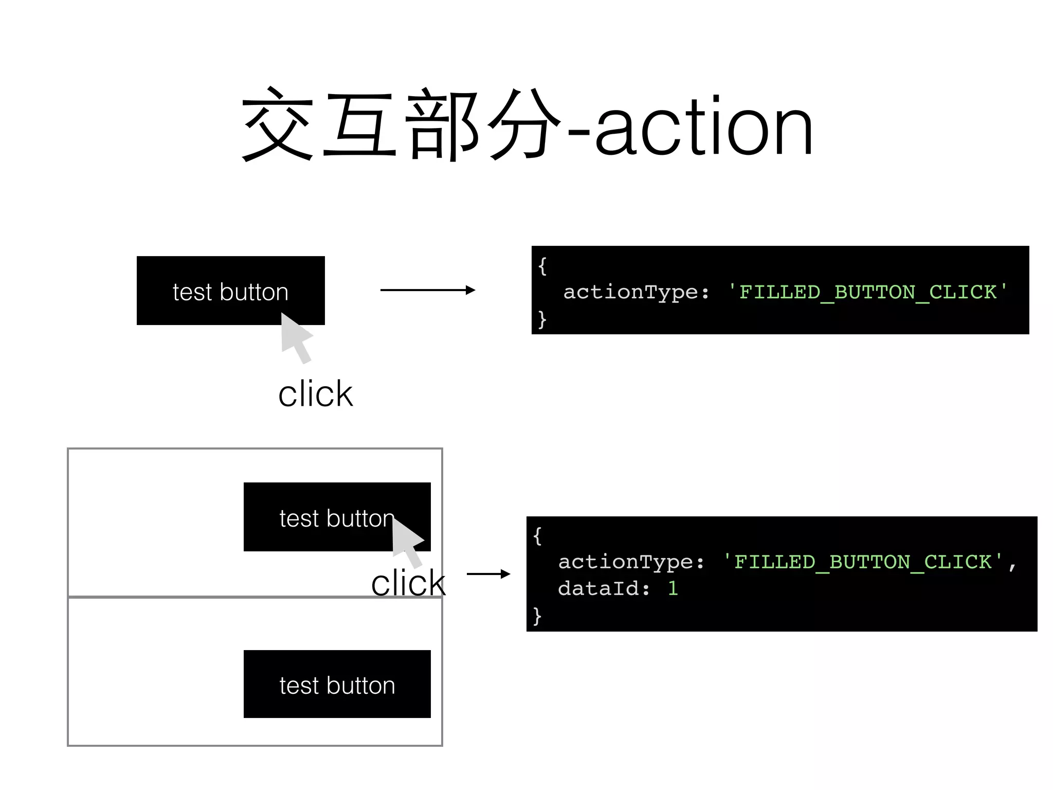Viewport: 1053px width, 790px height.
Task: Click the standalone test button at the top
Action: pyautogui.click(x=230, y=291)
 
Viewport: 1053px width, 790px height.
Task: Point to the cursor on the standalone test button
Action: pyautogui.click(x=296, y=337)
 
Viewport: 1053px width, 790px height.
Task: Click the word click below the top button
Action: pyautogui.click(x=315, y=394)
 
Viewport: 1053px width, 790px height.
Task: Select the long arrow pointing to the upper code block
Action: pyautogui.click(x=427, y=291)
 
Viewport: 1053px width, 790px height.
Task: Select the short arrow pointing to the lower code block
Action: pyautogui.click(x=488, y=574)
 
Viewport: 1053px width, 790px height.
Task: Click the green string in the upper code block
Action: pyautogui.click(x=868, y=292)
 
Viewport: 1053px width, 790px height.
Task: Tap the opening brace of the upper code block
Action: pyautogui.click(x=542, y=266)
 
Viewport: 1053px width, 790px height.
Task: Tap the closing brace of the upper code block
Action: pyautogui.click(x=542, y=319)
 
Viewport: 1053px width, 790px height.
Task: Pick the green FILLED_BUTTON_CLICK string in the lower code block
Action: pyautogui.click(x=863, y=562)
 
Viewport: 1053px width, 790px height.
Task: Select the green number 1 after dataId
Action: pyautogui.click(x=673, y=588)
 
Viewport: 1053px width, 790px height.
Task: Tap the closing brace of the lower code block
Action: pyautogui.click(x=537, y=615)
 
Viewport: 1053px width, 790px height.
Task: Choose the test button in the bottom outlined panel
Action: pyautogui.click(x=337, y=684)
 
